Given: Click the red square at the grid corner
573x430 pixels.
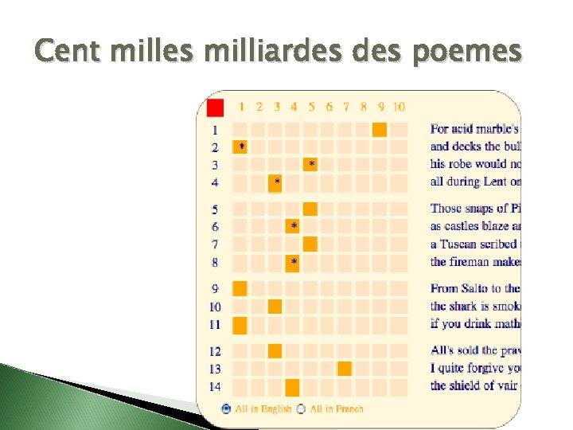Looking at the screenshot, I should coord(215,107).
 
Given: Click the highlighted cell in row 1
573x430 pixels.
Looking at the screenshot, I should coord(379,129).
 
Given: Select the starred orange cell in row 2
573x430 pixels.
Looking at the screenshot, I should coord(240,147).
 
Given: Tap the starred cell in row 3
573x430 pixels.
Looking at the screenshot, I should coord(310,164).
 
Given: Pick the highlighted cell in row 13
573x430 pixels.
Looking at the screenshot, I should coord(345,368).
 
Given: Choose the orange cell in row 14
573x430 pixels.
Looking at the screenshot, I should coord(292,387).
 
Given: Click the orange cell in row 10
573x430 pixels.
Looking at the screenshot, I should coord(275,307).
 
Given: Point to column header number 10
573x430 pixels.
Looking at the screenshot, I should coord(398,107).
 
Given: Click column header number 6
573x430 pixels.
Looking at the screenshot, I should coord(329,107).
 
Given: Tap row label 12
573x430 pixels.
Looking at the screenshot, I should coord(215,351).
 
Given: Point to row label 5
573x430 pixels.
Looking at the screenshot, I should coord(215,209).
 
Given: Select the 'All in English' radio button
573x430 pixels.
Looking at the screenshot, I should coord(226,408).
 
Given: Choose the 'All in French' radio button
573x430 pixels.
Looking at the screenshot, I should coord(300,408).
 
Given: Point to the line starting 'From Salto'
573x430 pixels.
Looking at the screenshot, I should coord(475,288).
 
